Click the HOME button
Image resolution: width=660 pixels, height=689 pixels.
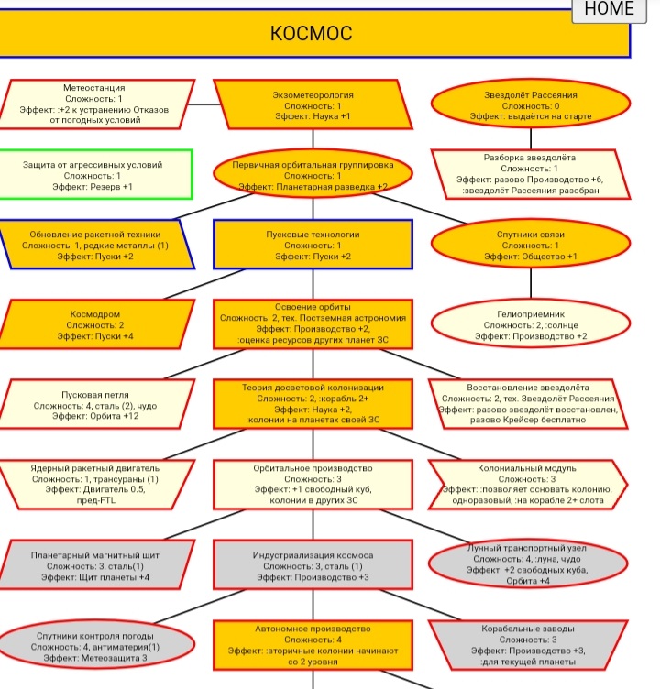(610, 10)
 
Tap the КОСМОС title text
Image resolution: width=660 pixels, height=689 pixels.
(312, 33)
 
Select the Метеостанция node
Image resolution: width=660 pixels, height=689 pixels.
(95, 104)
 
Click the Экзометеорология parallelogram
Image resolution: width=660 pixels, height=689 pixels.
(313, 104)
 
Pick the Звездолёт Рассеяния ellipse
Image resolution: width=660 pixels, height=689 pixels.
(531, 104)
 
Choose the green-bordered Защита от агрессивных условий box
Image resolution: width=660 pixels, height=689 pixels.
(95, 174)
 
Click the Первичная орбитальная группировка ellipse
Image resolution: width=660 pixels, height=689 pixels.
(313, 174)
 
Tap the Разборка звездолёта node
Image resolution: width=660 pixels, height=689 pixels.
(531, 174)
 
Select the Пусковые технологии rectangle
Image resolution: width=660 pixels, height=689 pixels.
(313, 245)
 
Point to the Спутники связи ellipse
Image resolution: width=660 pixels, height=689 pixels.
(531, 244)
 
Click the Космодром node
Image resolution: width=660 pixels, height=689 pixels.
(95, 324)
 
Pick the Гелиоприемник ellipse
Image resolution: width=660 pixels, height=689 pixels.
(531, 323)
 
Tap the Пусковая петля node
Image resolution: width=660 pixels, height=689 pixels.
(95, 404)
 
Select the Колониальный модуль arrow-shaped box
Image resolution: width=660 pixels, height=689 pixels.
(528, 485)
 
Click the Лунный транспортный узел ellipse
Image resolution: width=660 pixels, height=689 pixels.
(528, 564)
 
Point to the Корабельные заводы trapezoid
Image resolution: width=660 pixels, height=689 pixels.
(528, 645)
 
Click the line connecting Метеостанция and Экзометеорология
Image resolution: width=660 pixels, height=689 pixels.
(204, 104)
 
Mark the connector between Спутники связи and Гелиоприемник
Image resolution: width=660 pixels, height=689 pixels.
(531, 284)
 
